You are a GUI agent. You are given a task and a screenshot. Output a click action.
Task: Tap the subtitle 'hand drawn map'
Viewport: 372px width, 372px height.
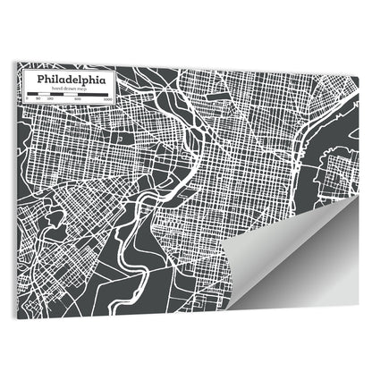(68, 89)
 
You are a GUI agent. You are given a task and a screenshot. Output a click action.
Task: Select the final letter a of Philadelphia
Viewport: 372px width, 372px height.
(100, 80)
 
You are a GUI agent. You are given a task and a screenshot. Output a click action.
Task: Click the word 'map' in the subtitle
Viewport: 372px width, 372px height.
(80, 89)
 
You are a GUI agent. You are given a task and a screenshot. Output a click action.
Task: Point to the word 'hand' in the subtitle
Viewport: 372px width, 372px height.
(55, 89)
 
